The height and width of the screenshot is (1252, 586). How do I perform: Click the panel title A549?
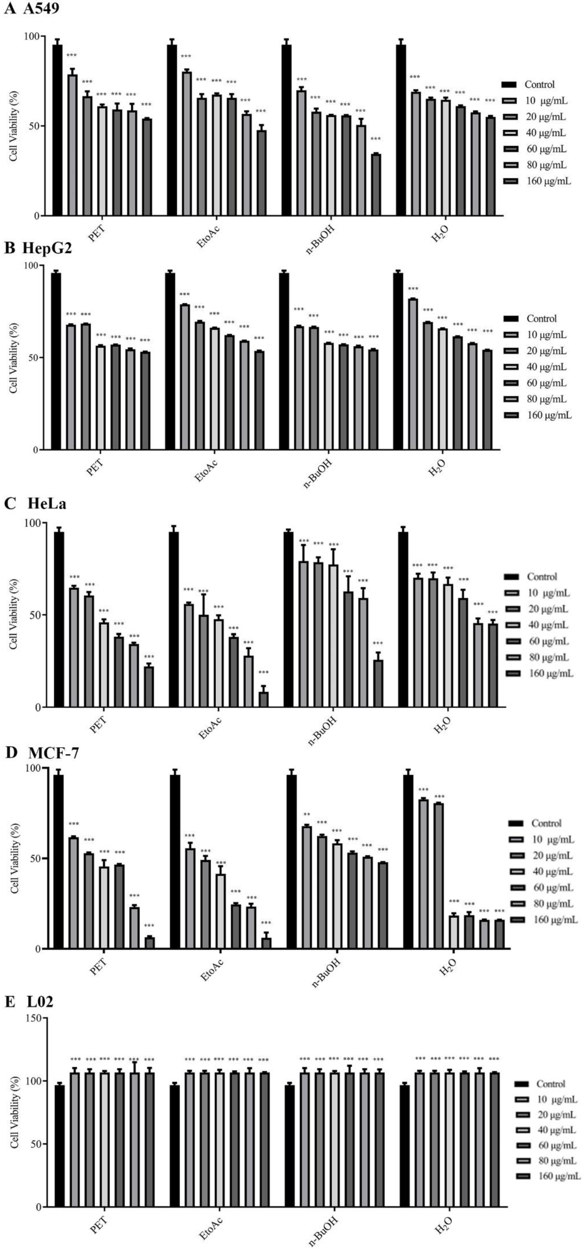[x=41, y=9]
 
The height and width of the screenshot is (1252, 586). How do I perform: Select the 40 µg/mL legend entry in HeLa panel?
[x=549, y=625]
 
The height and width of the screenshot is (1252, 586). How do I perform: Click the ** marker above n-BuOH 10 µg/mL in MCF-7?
[x=306, y=815]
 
